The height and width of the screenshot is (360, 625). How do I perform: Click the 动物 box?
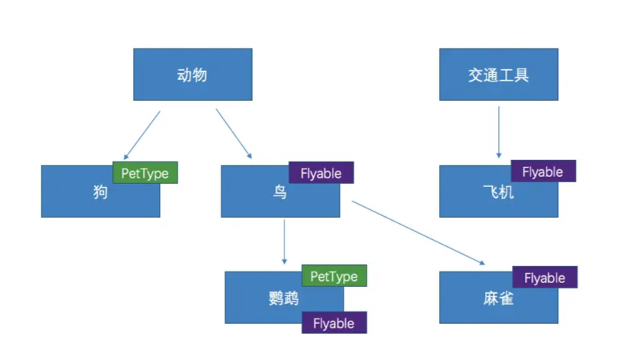coord(192,75)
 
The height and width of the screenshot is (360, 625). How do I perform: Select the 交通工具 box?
coord(498,75)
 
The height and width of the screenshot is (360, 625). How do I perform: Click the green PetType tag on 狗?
coord(145,172)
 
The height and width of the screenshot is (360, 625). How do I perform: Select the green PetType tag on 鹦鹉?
coord(334,275)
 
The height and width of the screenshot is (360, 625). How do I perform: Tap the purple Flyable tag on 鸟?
coord(321,172)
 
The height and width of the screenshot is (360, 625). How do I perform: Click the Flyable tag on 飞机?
coord(543,172)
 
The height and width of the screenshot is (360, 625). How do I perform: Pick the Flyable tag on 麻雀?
coord(545,278)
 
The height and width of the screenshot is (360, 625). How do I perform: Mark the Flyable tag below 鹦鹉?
coord(334,323)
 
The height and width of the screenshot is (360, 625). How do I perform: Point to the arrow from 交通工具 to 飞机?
coord(499,132)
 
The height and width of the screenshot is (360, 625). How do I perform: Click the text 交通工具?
coord(498,75)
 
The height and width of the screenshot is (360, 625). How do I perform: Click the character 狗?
coord(100,192)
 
